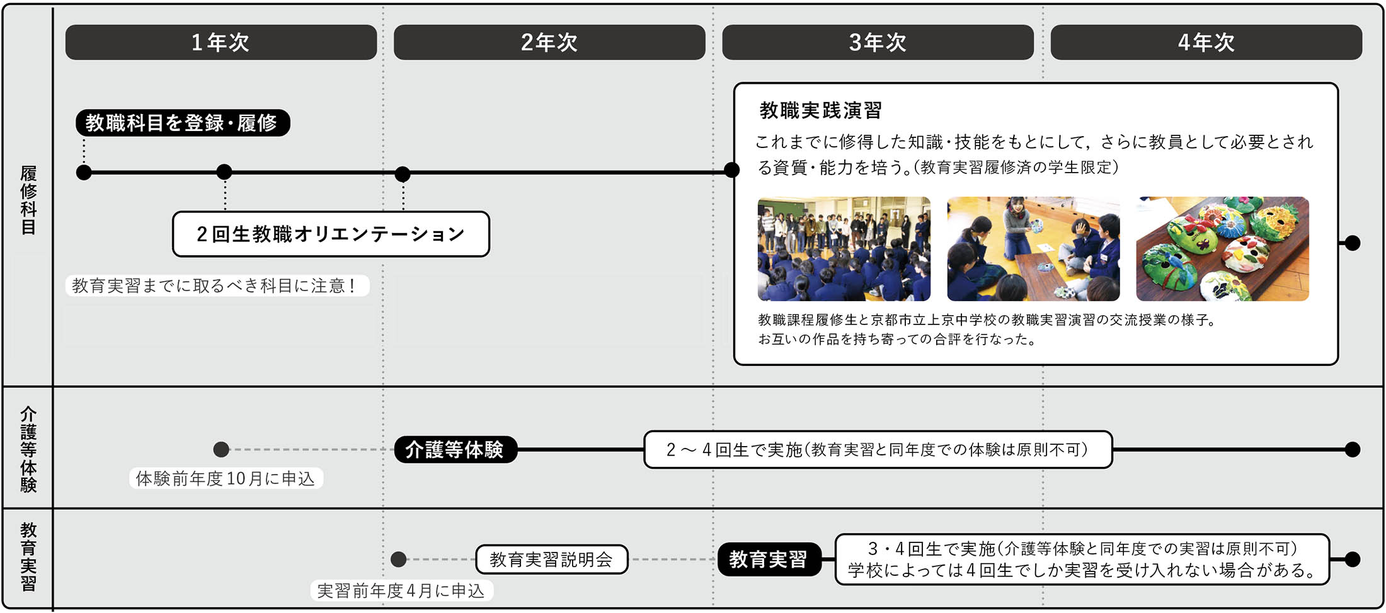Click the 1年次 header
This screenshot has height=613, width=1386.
click(x=220, y=42)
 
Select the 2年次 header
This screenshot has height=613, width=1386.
click(x=549, y=42)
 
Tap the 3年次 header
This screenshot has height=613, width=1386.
click(x=878, y=42)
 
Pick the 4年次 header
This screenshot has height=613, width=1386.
click(x=1206, y=42)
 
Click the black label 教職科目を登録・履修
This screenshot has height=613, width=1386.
click(x=182, y=123)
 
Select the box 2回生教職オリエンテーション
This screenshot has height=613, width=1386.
click(x=331, y=234)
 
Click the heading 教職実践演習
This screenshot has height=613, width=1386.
click(x=820, y=111)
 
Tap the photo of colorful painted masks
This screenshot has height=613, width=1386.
click(x=1222, y=248)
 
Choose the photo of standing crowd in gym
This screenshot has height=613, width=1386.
click(x=844, y=248)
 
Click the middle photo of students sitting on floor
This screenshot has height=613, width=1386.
click(x=1033, y=248)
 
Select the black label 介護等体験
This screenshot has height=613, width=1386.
click(x=455, y=450)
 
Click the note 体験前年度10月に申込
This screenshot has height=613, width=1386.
click(x=226, y=479)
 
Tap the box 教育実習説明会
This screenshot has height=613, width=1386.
click(x=551, y=559)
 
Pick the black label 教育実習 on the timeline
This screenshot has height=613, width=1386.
click(x=769, y=559)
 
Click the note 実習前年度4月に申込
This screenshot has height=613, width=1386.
click(x=401, y=591)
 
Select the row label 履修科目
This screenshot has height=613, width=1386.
click(x=28, y=200)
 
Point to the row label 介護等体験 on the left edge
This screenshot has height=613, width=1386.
click(x=28, y=449)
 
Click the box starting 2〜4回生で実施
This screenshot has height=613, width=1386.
click(x=878, y=450)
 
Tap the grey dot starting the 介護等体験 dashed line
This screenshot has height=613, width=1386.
click(x=221, y=450)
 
